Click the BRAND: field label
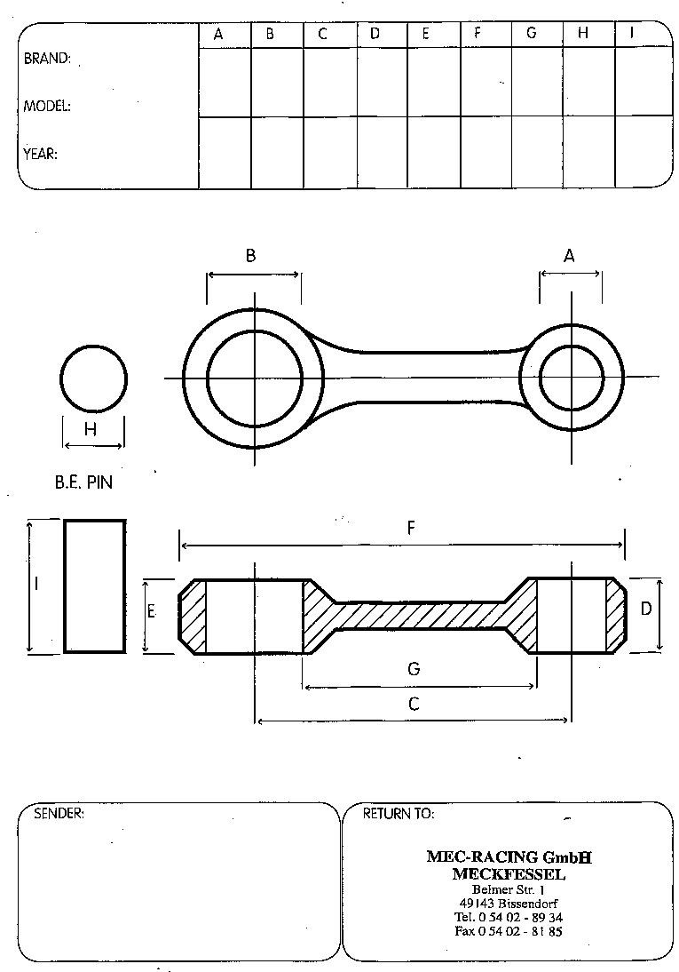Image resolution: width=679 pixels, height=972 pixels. (47, 59)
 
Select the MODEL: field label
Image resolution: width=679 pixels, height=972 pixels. (47, 106)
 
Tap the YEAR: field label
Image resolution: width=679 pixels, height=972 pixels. (40, 154)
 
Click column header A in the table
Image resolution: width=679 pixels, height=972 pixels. (218, 34)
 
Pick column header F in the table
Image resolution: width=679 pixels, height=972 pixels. (477, 34)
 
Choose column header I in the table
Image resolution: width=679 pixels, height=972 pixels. (631, 34)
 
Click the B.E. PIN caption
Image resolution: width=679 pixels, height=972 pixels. (83, 482)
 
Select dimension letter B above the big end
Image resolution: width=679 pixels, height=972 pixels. (250, 255)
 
